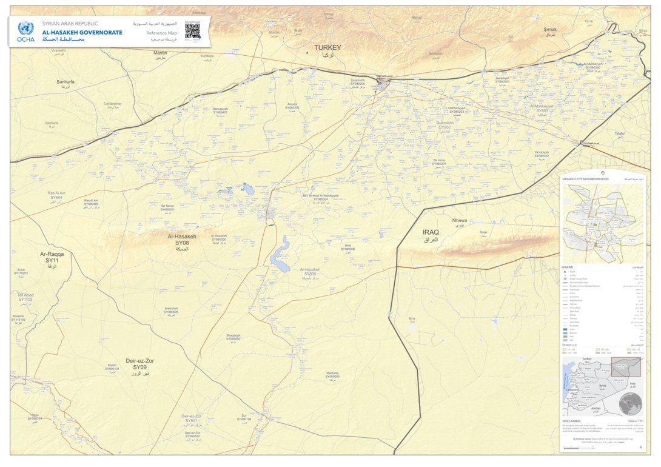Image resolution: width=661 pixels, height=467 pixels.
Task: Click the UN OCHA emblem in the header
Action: (x=25, y=28)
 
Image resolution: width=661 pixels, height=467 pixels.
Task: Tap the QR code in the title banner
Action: (x=192, y=30)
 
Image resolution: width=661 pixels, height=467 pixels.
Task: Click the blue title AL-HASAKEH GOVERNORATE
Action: (x=82, y=32)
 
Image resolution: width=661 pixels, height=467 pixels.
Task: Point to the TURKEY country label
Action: (x=327, y=47)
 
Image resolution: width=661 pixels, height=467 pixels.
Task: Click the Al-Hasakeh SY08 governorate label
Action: (x=182, y=240)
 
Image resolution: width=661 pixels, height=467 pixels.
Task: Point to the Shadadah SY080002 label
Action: (x=233, y=337)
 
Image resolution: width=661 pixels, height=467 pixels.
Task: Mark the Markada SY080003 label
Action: (x=332, y=375)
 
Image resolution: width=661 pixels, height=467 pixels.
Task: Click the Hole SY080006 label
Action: (x=347, y=247)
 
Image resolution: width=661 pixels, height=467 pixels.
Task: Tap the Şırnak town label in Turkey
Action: (x=550, y=29)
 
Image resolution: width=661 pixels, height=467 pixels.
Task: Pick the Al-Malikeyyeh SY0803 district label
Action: (x=542, y=108)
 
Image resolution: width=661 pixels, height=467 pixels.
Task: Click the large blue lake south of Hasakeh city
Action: (x=280, y=256)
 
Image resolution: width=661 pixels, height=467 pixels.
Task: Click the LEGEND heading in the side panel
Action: (x=568, y=267)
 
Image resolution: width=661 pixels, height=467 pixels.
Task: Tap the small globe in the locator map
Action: (x=631, y=401)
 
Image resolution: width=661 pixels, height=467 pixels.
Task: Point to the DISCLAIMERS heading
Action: (x=572, y=421)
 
